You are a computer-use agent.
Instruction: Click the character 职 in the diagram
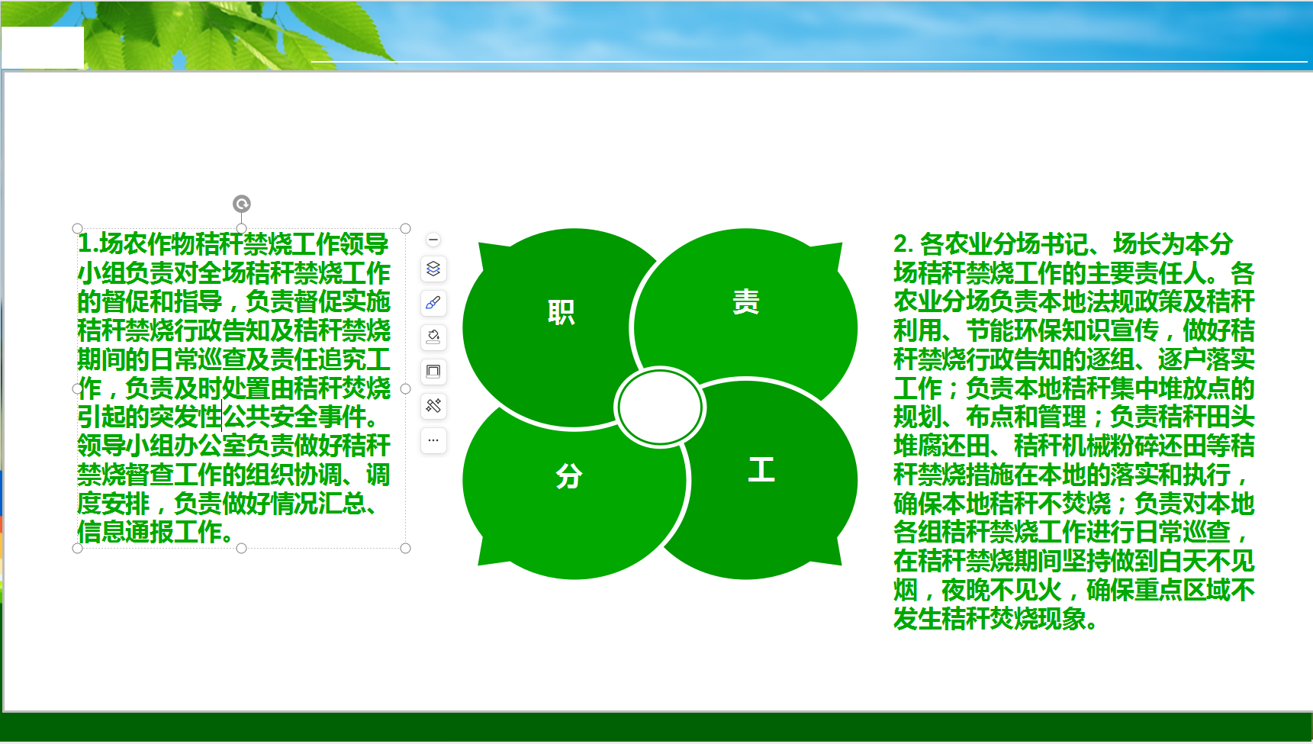[x=562, y=312]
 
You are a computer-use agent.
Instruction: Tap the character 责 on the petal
[x=745, y=301]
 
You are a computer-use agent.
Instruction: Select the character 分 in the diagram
[x=569, y=476]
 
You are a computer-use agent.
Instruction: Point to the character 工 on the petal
[x=761, y=469]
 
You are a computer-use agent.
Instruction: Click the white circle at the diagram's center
[x=659, y=407]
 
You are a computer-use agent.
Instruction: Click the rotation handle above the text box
[x=241, y=204]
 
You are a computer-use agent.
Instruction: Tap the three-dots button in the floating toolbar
[x=433, y=440]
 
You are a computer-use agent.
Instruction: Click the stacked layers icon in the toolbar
[x=433, y=269]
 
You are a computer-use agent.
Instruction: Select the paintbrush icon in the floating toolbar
[x=433, y=303]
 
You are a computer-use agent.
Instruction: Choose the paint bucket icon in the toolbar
[x=433, y=337]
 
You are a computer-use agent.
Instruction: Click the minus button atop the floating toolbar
[x=433, y=240]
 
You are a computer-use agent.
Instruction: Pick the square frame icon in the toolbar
[x=433, y=372]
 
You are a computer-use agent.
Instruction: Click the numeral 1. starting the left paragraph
[x=88, y=243]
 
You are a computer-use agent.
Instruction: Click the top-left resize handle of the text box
[x=77, y=228]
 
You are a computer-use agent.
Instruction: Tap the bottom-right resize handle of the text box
[x=405, y=548]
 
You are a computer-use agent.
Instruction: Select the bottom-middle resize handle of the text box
[x=241, y=548]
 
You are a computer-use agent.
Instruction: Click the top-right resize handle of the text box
[x=405, y=228]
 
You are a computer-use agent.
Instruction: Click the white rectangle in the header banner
[x=42, y=47]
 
